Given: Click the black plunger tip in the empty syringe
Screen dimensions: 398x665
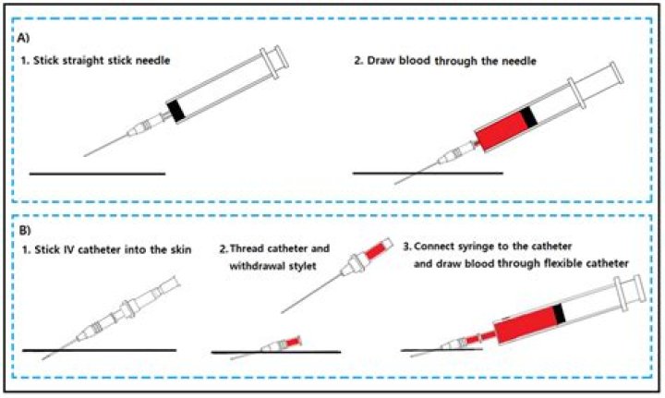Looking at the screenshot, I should [x=175, y=110].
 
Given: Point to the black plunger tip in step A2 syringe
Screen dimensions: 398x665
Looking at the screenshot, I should [x=529, y=118].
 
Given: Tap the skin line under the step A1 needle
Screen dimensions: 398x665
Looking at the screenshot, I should [x=97, y=173].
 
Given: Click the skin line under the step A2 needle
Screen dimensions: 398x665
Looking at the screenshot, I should [x=429, y=173].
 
